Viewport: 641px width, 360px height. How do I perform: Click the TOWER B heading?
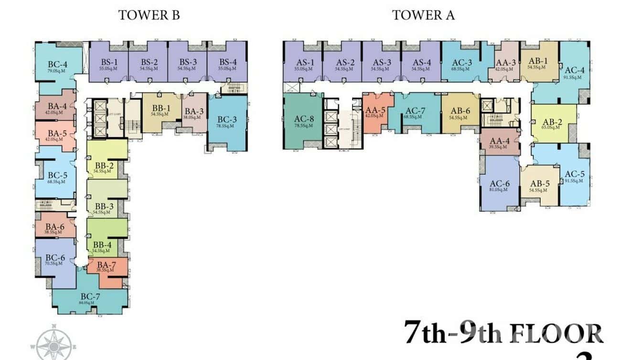[x=149, y=15]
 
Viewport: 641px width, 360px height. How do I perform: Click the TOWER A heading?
[x=423, y=15]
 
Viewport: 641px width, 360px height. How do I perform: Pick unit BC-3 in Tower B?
[x=227, y=121]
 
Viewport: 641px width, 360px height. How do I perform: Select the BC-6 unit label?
[x=55, y=259]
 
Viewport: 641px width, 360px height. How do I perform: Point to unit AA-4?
[x=500, y=143]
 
